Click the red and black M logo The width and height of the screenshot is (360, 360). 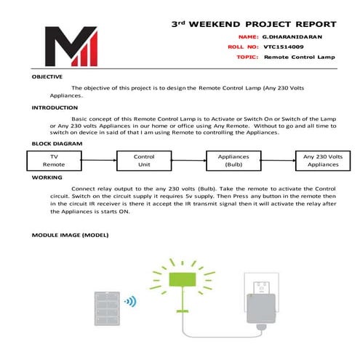tap(71, 46)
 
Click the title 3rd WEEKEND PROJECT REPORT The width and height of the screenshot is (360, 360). tap(254, 24)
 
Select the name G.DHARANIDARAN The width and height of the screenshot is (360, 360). tap(292, 37)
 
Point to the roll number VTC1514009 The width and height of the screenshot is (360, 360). tap(284, 47)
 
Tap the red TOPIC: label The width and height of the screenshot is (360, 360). tap(247, 57)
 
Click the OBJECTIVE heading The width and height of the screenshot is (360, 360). tap(47, 76)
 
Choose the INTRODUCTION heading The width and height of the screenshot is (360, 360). tap(55, 108)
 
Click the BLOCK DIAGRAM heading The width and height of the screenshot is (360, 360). tap(57, 143)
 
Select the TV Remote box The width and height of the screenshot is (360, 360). tap(54, 161)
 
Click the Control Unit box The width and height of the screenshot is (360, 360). tap(144, 161)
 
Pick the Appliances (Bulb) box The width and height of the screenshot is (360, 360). tap(233, 161)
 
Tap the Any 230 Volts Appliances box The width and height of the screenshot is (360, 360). tap(323, 161)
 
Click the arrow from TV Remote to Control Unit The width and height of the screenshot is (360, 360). tap(99, 160)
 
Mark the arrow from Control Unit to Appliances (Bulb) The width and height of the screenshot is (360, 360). tap(189, 160)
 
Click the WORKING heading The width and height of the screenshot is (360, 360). tap(47, 177)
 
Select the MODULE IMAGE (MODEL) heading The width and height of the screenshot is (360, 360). tap(70, 235)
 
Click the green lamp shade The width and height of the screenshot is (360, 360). tap(183, 279)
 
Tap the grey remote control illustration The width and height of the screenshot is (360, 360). tap(107, 308)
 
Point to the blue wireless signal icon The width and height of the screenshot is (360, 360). tap(130, 301)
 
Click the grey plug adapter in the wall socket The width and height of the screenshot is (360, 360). tap(261, 308)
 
